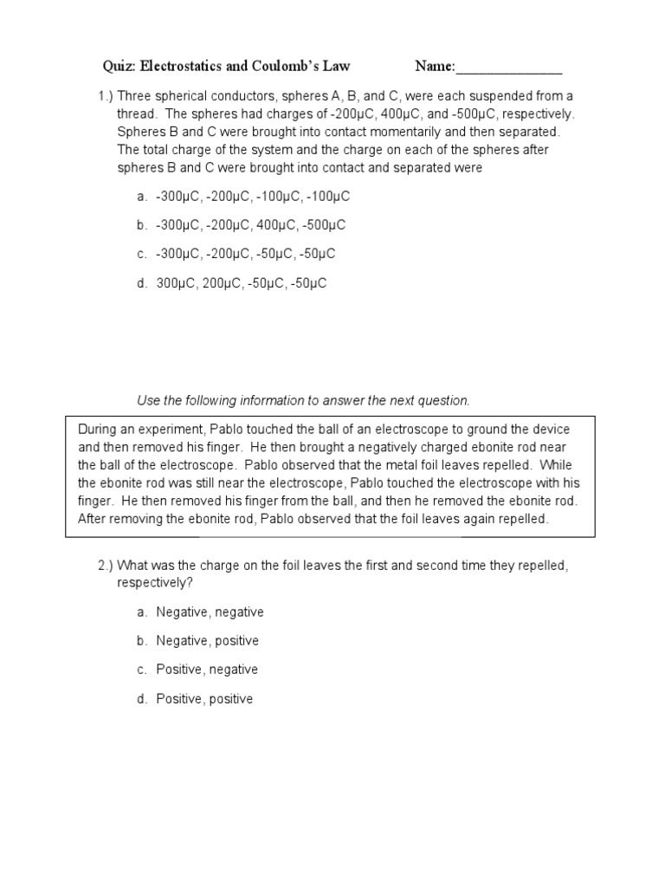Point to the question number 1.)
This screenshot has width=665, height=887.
pos(107,95)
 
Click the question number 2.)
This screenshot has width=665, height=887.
pos(107,565)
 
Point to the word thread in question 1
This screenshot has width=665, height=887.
pos(137,113)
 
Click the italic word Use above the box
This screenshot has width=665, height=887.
pos(149,400)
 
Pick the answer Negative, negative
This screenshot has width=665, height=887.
pos(210,612)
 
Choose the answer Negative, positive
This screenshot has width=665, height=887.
pos(207,641)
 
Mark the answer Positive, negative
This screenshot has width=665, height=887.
pos(207,670)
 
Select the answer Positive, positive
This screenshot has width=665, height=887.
pos(204,698)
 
